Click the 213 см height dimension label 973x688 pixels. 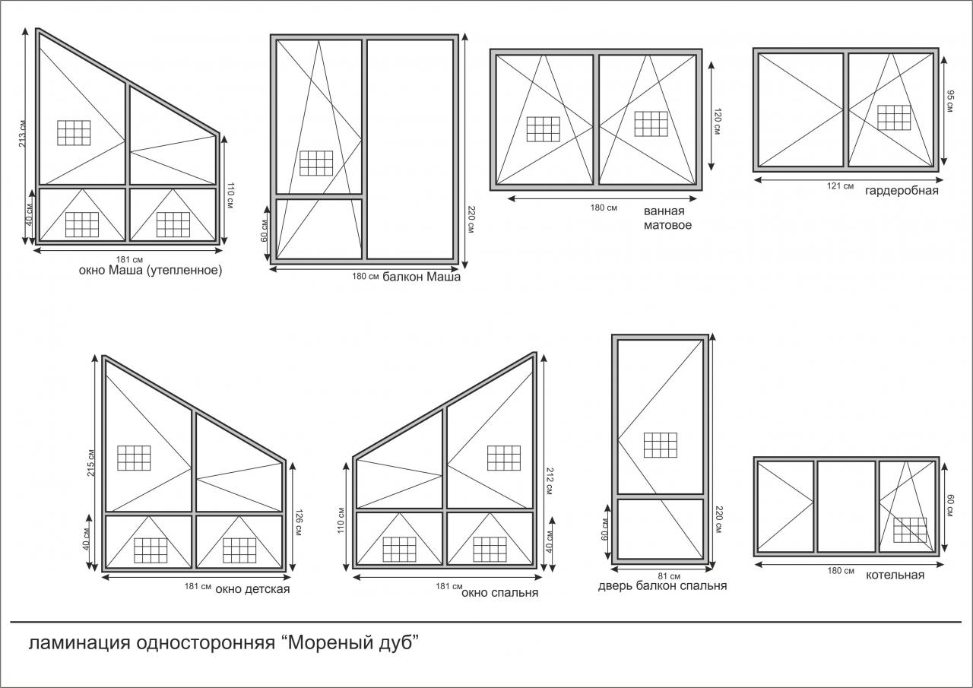[x=23, y=134]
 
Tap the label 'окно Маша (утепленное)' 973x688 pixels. [x=151, y=271]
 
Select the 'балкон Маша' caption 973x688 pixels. [x=421, y=277]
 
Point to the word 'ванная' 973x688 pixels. [x=664, y=211]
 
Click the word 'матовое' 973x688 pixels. [x=667, y=226]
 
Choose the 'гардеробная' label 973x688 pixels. [x=902, y=191]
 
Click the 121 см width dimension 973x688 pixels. [x=840, y=186]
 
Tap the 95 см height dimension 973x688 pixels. [x=950, y=101]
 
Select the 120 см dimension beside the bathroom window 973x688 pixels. [x=717, y=121]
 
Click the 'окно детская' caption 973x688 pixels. [x=252, y=589]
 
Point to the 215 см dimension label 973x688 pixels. [x=90, y=462]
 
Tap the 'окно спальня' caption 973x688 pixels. [x=499, y=593]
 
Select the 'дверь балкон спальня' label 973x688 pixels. [x=662, y=586]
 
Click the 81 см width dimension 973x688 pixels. [x=669, y=576]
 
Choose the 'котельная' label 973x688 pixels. [x=895, y=575]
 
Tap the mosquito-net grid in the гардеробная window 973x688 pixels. [x=894, y=117]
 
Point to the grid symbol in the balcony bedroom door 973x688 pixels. [x=661, y=445]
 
